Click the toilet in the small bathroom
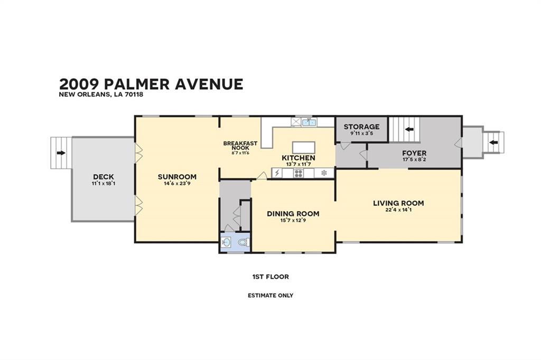tap(244, 243)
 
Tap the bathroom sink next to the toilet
tap(227, 243)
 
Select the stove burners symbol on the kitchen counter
tap(299, 173)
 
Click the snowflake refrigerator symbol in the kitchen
tap(324, 173)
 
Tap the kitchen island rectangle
tap(303, 147)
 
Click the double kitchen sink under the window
tap(309, 122)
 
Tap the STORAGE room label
tap(361, 127)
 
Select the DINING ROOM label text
tap(293, 214)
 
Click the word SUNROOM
tap(177, 177)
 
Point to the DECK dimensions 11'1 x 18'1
tap(103, 184)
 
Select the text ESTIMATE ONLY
tap(270, 296)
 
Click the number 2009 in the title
tap(79, 84)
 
